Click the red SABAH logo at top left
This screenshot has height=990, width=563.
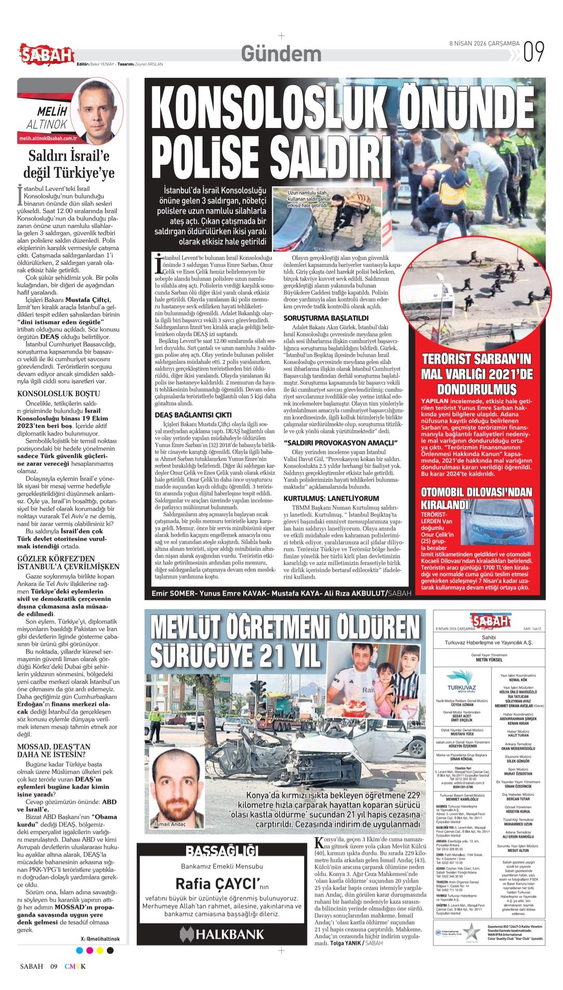tap(46, 54)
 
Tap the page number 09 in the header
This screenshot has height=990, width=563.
tap(534, 52)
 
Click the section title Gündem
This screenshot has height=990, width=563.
tap(281, 54)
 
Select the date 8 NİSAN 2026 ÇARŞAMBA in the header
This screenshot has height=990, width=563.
tap(484, 44)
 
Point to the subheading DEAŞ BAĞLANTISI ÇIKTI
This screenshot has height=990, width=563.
tap(193, 415)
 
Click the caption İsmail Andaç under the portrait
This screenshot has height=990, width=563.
tap(170, 824)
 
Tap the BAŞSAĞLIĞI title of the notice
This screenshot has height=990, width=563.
tap(222, 851)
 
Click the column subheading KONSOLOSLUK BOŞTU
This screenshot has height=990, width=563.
tap(58, 394)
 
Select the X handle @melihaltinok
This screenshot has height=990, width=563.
tap(100, 939)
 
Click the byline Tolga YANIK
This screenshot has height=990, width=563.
tap(347, 943)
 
